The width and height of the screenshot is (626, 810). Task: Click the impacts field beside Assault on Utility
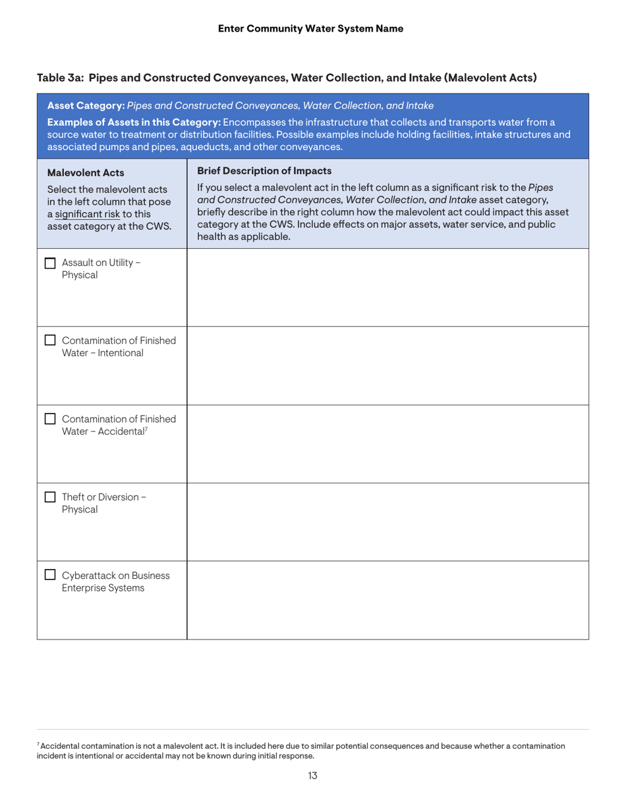coord(387,287)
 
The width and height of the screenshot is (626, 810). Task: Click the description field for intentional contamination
coord(387,365)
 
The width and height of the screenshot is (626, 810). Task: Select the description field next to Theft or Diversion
coord(387,522)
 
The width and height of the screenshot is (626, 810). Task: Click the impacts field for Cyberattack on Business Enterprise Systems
coord(387,600)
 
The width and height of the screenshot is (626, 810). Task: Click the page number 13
coord(313,776)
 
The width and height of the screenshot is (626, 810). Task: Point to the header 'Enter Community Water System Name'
coord(310,28)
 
